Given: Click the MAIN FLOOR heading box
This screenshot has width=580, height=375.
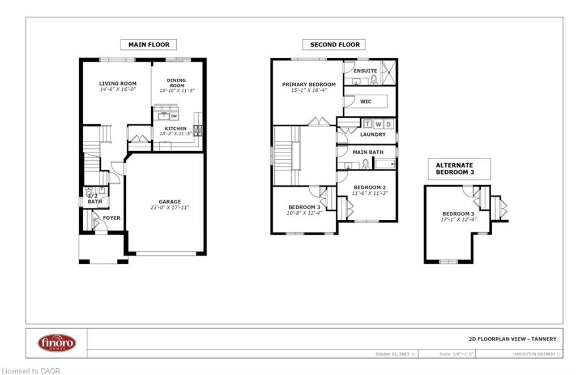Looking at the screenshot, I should click(148, 44).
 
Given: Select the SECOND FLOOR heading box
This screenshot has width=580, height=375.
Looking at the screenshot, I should click(334, 44).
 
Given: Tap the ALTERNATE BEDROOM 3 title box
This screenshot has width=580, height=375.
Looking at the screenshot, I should click(459, 169).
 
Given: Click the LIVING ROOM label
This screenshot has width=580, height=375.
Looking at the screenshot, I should click(118, 83).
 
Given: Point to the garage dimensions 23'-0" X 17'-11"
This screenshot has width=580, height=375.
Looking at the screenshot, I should click(169, 208).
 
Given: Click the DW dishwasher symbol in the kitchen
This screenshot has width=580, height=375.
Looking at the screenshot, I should click(174, 116).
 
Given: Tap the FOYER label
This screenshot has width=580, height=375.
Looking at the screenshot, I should click(111, 218).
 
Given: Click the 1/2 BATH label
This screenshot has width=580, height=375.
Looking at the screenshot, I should click(95, 198).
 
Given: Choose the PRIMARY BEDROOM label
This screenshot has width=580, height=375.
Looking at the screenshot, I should click(309, 84).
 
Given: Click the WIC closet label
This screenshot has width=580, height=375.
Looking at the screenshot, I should click(365, 102).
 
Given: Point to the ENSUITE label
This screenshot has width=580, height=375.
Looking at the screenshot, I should click(365, 71).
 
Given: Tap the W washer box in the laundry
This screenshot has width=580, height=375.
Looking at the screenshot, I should click(378, 124).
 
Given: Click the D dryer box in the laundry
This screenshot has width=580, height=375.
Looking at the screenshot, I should click(388, 124).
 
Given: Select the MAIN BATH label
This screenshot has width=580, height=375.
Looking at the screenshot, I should click(368, 152).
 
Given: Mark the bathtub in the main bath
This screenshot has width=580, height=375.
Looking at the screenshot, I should click(385, 165).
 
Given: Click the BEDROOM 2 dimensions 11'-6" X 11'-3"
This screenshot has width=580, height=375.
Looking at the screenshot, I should click(370, 193).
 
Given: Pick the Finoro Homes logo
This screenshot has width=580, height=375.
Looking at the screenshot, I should click(57, 343).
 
